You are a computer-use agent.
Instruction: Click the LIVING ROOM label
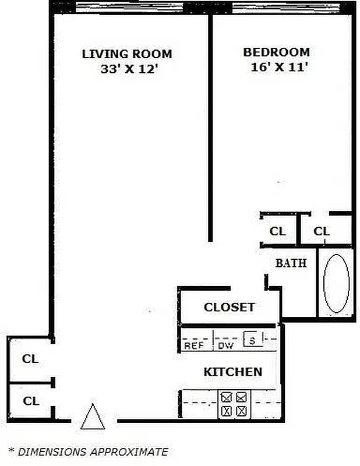(x=127, y=54)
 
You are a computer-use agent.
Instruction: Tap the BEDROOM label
(x=276, y=52)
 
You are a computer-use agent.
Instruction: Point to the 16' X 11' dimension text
(x=276, y=66)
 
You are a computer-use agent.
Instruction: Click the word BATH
(x=291, y=263)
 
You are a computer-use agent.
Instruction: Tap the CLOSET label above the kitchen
(x=229, y=307)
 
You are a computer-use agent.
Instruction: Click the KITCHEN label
(x=232, y=372)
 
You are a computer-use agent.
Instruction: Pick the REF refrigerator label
(x=194, y=345)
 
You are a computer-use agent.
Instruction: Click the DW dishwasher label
(x=225, y=345)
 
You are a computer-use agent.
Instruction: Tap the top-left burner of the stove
(x=227, y=398)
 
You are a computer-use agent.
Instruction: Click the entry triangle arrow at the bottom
(x=93, y=418)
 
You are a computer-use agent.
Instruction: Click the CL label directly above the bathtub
(x=322, y=231)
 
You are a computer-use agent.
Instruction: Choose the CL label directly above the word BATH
(x=278, y=231)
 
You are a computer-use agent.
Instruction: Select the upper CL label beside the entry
(x=30, y=359)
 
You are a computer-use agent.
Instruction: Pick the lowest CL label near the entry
(x=30, y=401)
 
